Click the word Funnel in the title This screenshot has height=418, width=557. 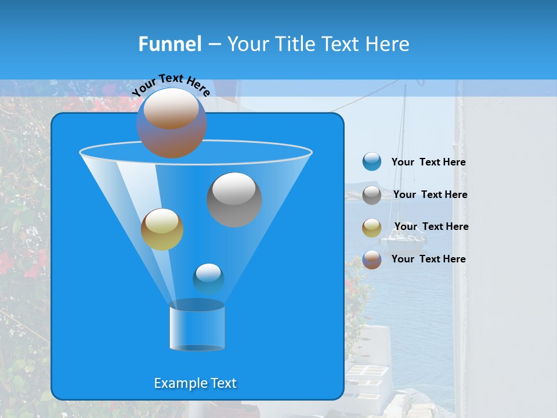coord(169,44)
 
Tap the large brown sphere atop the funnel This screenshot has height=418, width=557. coord(171,123)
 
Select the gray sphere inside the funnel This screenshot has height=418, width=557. coord(234,200)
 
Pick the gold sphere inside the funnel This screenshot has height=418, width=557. coord(162,230)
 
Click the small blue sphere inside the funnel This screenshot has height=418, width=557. coord(208,279)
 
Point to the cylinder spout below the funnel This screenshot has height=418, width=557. coord(197,329)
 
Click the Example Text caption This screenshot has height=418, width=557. coord(195,383)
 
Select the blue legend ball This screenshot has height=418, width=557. coord(372,162)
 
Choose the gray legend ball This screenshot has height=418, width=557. coord(372,195)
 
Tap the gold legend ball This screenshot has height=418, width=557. coord(372,228)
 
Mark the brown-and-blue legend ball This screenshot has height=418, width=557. coord(372,260)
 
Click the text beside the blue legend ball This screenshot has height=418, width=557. coord(428,163)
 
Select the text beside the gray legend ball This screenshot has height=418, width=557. coord(430,195)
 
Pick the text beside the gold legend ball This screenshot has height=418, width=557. coord(431,227)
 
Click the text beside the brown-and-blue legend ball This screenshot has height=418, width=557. coord(428,259)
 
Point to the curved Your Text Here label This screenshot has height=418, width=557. coord(171,84)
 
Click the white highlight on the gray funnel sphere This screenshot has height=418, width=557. coord(234,189)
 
